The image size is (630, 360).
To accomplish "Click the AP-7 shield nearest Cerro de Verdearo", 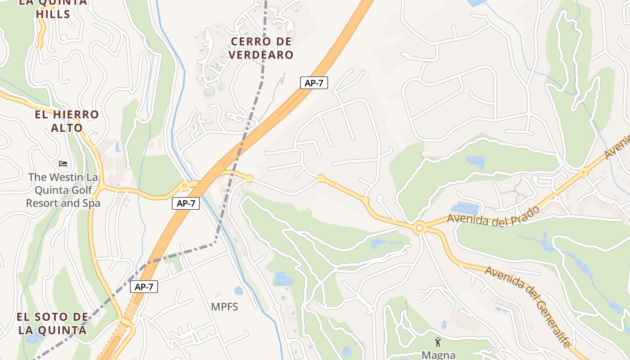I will coord(314,83).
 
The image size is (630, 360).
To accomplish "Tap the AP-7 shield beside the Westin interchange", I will coord(186,203).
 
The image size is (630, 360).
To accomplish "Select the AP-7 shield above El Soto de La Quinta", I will coord(144,287).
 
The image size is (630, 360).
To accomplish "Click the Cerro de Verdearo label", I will coord(261,48).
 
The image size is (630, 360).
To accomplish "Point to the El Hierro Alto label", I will coord(67,121).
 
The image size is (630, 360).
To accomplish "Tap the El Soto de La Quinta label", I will coord(52,324).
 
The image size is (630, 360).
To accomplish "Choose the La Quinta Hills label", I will coord(53,8).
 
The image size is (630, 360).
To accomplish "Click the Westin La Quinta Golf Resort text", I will coord(63,190).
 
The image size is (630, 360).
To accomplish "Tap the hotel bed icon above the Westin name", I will coord(63,163).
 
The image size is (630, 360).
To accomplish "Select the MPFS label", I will coord(225,307).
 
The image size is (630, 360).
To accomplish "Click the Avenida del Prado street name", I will coord(493,216).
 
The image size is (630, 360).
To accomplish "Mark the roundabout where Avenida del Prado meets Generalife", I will coord(419,229).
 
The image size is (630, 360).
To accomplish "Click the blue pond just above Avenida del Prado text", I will coord(465,208).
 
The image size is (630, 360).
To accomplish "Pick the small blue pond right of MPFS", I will coord(239,291).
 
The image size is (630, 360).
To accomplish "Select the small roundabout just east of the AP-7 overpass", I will coord(249,179).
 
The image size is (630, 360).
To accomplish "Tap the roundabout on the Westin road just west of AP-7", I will coord(184,185).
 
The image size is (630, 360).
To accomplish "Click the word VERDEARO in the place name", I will coord(261,55).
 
